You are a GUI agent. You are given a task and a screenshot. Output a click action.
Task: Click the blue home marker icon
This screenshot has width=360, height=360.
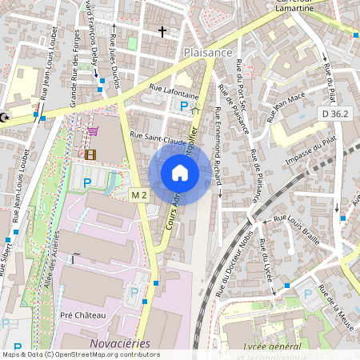pos(180,174)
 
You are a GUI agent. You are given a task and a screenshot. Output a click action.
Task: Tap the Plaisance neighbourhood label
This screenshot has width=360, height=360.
pos(207,52)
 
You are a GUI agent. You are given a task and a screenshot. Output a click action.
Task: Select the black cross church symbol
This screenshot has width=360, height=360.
pos(162,32)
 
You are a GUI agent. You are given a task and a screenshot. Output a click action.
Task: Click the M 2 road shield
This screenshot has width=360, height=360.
pos(139,194)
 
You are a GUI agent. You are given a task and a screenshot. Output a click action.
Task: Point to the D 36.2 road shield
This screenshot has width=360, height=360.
pos(335,114)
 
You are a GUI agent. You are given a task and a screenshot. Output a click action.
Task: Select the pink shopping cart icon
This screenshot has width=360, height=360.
pos(94,132)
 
